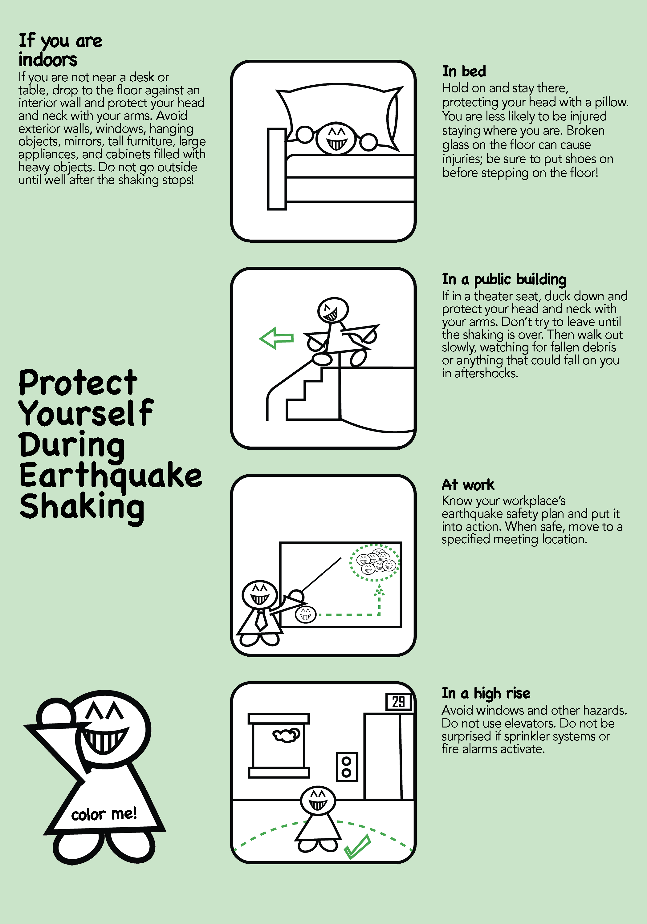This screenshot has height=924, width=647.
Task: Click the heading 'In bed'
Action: point(464,71)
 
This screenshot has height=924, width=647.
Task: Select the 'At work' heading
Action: point(468,485)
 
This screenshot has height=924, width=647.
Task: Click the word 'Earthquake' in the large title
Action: point(111,477)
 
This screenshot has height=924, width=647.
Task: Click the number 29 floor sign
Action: point(398,702)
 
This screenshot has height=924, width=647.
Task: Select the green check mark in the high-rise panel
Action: point(357,846)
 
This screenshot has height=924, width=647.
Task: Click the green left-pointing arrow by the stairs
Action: point(276,338)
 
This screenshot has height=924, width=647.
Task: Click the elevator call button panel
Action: point(346,767)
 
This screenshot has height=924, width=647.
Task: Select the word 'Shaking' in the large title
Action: point(82,508)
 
